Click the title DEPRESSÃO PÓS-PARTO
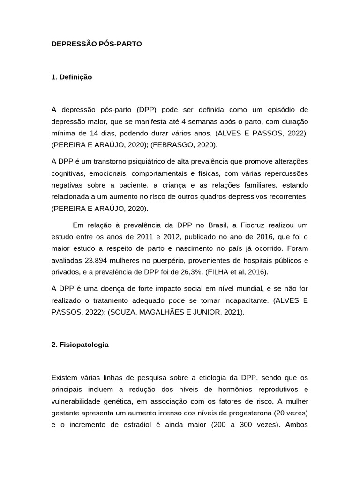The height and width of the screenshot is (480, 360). [97, 44]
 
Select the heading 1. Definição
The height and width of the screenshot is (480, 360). [72, 77]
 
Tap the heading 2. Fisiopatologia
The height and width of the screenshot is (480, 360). [80, 345]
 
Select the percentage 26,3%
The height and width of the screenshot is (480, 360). [212, 272]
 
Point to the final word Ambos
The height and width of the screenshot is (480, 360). [297, 424]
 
